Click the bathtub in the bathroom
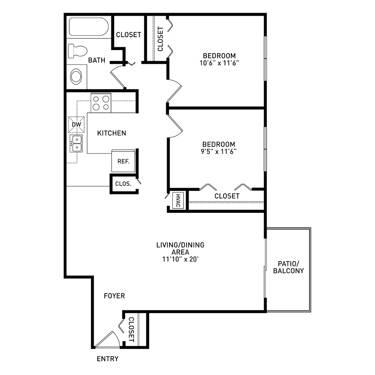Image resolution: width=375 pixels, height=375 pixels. point(89,26)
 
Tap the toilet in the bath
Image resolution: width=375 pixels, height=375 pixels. point(77,51)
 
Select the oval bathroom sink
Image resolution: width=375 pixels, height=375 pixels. point(76,77)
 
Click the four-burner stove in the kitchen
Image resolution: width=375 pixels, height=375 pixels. point(101,103)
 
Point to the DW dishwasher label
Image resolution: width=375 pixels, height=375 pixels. point(77,124)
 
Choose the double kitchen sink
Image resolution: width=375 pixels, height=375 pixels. point(76,143)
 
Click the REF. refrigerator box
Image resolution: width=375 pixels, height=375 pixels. point(123,161)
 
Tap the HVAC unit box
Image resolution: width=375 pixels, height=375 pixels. point(178,201)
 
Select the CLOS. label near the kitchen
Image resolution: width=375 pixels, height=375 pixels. point(123,184)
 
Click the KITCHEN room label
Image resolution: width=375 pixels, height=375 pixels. point(111,133)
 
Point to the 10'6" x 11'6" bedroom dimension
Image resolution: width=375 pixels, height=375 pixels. point(219,63)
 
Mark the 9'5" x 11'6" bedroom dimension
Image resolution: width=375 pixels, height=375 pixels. point(219,152)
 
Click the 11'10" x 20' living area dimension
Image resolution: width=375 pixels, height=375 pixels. point(181,259)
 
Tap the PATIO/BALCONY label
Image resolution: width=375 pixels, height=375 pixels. point(289,267)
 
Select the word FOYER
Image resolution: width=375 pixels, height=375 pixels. point(114,296)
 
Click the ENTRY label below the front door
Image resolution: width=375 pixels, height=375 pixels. point(108,359)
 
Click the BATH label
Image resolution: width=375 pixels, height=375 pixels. point(96,60)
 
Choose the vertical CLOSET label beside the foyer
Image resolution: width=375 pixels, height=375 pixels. point(131,329)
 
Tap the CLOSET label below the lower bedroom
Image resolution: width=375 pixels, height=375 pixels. point(227,196)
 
